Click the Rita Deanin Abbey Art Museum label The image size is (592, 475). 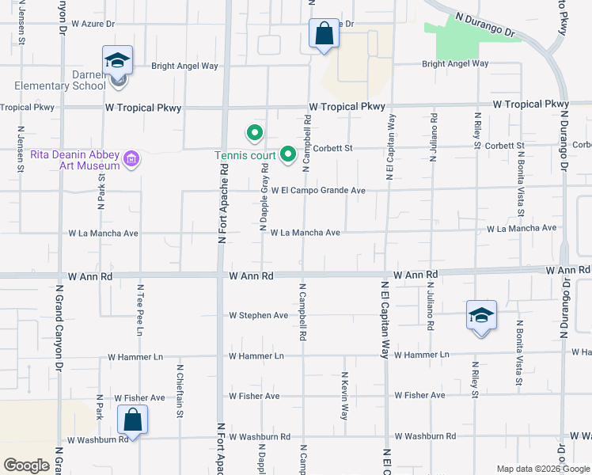[75, 160]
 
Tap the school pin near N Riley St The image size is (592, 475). [481, 316]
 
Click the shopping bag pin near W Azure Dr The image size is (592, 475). [324, 34]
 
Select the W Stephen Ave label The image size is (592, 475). [259, 315]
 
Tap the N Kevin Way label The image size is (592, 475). [344, 396]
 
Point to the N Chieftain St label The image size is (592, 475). [180, 391]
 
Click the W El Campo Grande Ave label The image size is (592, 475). [318, 191]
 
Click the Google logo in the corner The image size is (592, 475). [26, 465]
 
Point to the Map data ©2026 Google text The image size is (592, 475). [543, 468]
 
